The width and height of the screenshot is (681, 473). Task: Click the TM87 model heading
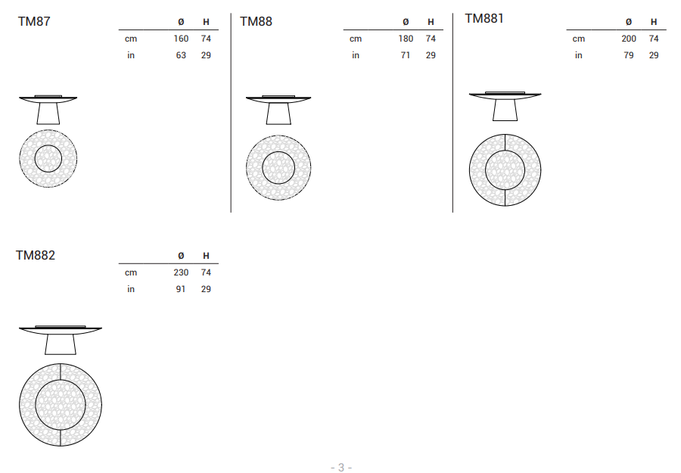coord(34,21)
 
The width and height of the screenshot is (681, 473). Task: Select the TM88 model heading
coord(257,21)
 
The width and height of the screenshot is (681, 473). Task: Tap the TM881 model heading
coord(484,19)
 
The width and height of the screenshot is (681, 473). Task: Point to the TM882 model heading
coord(36,255)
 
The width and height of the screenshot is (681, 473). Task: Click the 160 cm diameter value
coord(181,39)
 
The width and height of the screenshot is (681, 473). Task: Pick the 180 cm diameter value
coord(406,39)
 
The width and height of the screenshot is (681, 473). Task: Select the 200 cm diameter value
coord(629,39)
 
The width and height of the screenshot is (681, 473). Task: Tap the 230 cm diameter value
coord(181,272)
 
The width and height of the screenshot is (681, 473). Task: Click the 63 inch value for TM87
coord(181,55)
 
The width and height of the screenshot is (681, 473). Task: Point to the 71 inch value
coord(406,55)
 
